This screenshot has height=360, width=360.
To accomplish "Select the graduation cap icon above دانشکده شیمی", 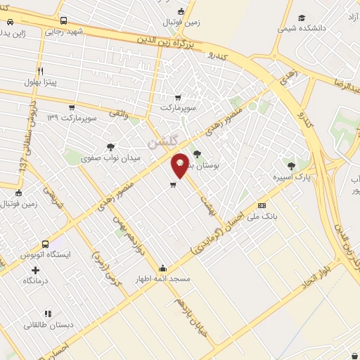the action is coord(302,18).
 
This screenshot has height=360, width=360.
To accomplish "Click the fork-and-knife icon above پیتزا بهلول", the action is coord(41,71).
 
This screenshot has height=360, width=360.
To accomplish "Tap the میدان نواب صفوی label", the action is coord(112,158).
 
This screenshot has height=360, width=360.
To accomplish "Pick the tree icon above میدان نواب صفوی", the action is coord(110,147).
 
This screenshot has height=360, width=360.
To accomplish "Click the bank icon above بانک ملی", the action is coord(262,205).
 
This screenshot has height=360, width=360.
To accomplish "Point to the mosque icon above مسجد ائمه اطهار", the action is coord(163,267).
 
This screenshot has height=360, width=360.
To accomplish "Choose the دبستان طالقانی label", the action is coord(47,325).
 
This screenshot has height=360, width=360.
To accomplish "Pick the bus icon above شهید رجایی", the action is coord(63,21).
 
